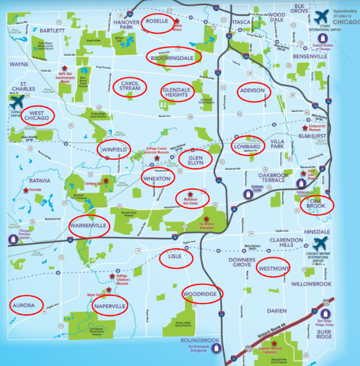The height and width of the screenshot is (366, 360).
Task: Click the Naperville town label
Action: pyautogui.click(x=109, y=306)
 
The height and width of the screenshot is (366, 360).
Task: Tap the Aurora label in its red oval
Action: pyautogui.click(x=27, y=305)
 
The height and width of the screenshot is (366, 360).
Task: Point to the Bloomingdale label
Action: pyautogui.click(x=173, y=58)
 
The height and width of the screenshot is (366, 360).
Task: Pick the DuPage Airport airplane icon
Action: pyautogui.click(x=17, y=102)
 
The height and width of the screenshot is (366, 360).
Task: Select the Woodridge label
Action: pyautogui.click(x=202, y=293)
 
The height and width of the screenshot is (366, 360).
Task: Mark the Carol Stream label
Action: pyautogui.click(x=131, y=87)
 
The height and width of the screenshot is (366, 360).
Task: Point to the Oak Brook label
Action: pyautogui.click(x=317, y=205)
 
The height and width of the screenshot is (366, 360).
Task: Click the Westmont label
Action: pyautogui.click(x=277, y=267)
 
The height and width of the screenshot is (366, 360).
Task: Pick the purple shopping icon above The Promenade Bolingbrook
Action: pyautogui.click(x=216, y=347)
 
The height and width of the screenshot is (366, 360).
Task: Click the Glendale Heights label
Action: pyautogui.click(x=175, y=92)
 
